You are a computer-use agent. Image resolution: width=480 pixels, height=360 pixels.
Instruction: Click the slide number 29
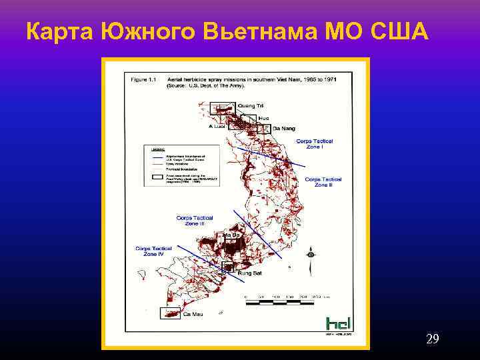point(432,340)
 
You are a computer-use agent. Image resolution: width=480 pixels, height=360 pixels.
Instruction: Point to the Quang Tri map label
point(251,106)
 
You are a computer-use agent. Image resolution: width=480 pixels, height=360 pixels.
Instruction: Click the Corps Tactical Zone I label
point(315,143)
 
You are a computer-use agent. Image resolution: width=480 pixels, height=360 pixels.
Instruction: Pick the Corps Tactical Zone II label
point(323,181)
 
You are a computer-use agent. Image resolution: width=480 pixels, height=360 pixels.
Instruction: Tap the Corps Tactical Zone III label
point(195,220)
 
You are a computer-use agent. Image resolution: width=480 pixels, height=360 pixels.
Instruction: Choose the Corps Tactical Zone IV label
point(153,251)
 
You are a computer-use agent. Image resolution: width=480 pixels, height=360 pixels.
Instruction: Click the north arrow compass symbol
point(311,255)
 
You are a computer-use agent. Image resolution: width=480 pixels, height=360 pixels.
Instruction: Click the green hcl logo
point(338,325)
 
